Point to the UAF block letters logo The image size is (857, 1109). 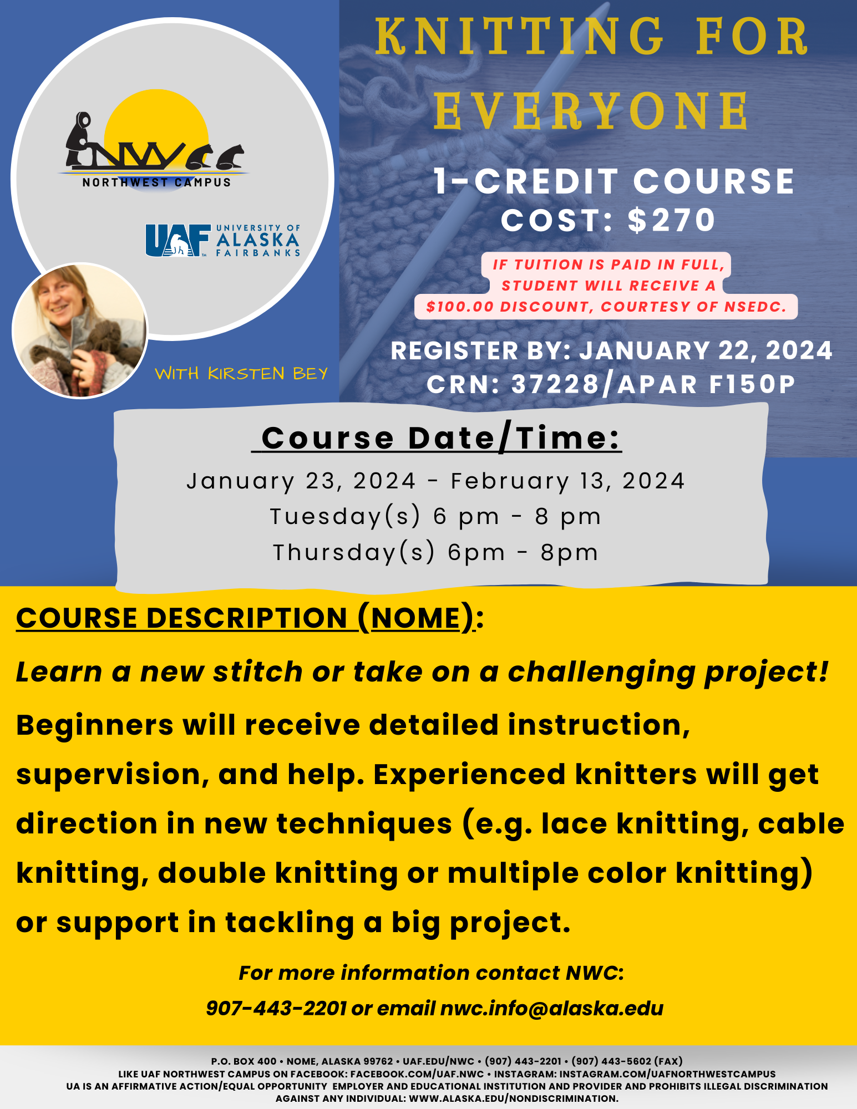[178, 240]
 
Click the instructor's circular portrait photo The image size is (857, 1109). [80, 330]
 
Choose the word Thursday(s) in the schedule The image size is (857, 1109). [354, 553]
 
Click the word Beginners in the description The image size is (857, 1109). [95, 726]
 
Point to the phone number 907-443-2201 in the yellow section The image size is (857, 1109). [276, 1008]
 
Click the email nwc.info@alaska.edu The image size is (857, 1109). [552, 1008]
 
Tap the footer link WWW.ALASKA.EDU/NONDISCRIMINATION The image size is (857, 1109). [514, 1098]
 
